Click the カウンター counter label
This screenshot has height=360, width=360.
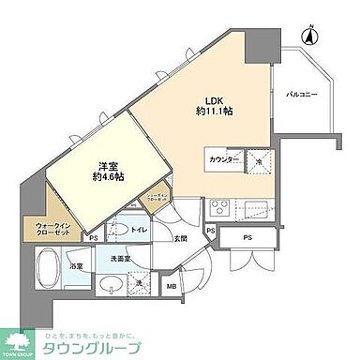222,160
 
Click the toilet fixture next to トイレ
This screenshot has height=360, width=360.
117,228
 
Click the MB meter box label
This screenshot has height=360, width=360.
172,287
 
